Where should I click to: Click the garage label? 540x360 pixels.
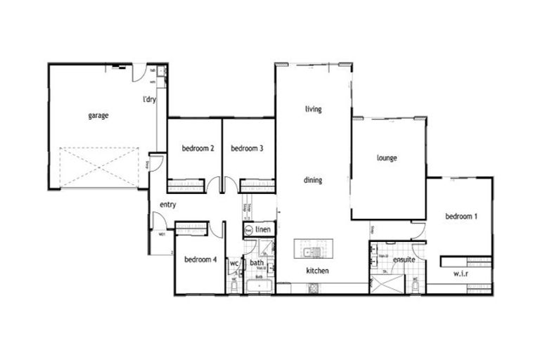pyautogui.click(x=98, y=115)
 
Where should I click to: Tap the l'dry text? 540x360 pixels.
pyautogui.click(x=149, y=100)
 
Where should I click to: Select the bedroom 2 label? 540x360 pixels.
pyautogui.click(x=198, y=148)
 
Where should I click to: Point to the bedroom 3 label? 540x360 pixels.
pyautogui.click(x=247, y=148)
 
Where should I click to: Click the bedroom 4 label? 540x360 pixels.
pyautogui.click(x=200, y=259)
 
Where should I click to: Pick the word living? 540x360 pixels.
pyautogui.click(x=313, y=109)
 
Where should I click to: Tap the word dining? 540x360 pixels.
pyautogui.click(x=313, y=181)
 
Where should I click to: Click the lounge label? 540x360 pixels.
pyautogui.click(x=387, y=158)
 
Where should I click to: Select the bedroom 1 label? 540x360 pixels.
pyautogui.click(x=461, y=217)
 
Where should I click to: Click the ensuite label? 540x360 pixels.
pyautogui.click(x=404, y=259)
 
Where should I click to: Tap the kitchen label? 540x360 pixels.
pyautogui.click(x=317, y=271)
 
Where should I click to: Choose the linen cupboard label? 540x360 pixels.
pyautogui.click(x=263, y=230)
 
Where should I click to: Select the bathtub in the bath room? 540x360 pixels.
pyautogui.click(x=259, y=286)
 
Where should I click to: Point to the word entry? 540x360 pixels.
pyautogui.click(x=167, y=205)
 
